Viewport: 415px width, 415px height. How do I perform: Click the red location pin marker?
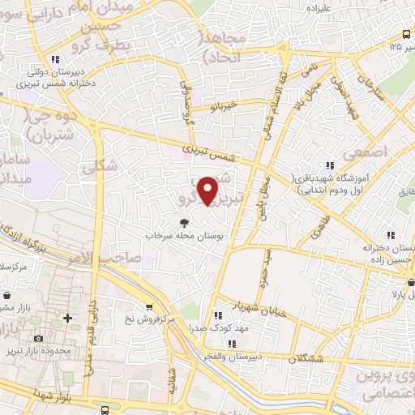tap(209, 190)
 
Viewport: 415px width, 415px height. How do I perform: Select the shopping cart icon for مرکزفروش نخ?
tap(148, 306)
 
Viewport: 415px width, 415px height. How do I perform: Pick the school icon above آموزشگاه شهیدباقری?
tap(329, 165)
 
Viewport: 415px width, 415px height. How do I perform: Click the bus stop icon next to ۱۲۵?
tap(406, 34)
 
